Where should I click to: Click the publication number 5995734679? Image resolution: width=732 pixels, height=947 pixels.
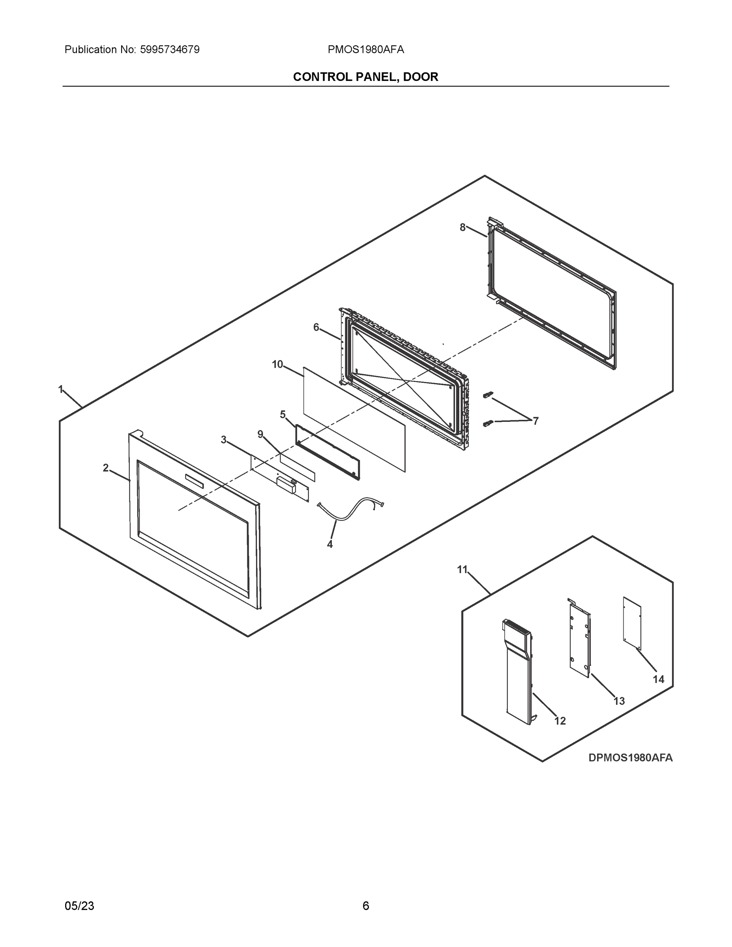pos(170,50)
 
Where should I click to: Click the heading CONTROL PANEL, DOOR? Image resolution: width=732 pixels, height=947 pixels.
pos(365,77)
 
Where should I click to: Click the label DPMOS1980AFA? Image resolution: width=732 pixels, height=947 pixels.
pos(630,758)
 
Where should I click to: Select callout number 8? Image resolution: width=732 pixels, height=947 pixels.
pos(463,227)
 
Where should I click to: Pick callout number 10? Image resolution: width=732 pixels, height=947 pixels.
pos(277,364)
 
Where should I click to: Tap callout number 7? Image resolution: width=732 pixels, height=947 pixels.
pos(535,421)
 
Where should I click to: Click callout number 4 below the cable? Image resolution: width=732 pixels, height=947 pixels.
pos(329,545)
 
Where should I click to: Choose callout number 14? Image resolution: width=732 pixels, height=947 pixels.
pos(658,679)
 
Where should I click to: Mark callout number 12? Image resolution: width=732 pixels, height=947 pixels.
pos(560,721)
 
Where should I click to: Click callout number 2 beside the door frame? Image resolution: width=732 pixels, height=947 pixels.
pos(105,468)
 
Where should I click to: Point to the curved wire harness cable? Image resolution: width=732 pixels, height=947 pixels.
pos(351,509)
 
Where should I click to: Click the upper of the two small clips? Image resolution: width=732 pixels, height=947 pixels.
pos(488,394)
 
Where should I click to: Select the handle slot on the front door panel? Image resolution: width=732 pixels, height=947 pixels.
pos(194,480)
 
